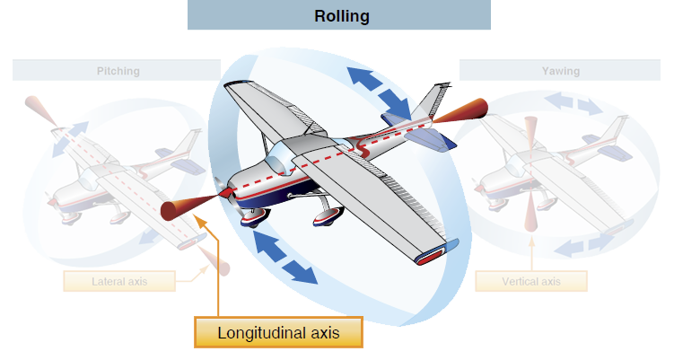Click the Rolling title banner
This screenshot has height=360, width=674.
coord(341,16)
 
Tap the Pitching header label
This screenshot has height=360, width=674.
coord(118,70)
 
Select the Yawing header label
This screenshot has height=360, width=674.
coord(560,70)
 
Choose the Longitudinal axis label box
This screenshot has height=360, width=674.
coord(278,332)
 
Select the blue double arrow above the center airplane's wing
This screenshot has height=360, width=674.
coord(376,92)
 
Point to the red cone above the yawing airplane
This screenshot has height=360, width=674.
coord(530,133)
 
